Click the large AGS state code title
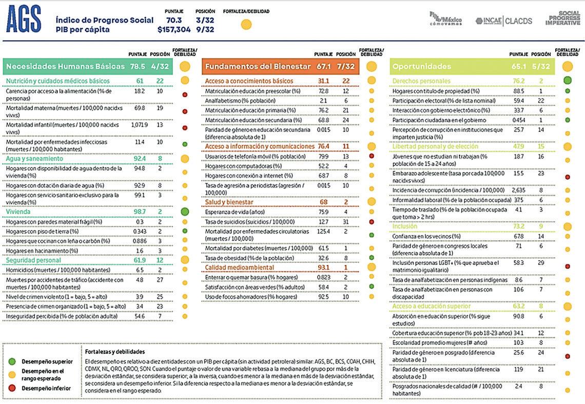(24, 21)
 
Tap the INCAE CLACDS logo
(504, 21)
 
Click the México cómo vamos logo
(445, 18)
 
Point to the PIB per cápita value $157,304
(174, 30)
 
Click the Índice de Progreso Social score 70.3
(174, 20)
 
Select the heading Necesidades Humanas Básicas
(65, 66)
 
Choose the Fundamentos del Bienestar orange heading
(258, 66)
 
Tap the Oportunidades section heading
(421, 66)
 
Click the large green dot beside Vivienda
(185, 211)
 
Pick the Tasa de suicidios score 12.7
(323, 222)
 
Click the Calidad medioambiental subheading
(240, 267)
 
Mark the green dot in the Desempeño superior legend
(13, 362)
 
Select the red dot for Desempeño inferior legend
(13, 388)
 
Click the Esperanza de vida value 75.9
(323, 212)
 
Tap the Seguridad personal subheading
(34, 260)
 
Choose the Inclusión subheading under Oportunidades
(405, 226)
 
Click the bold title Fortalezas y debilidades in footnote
(115, 352)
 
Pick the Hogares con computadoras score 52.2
(323, 166)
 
